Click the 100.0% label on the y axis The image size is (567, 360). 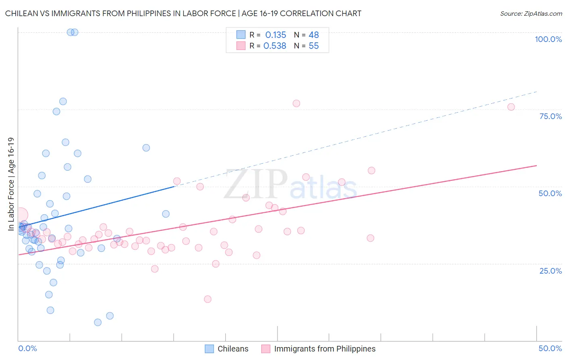[x=548, y=39]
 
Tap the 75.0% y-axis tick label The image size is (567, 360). [x=550, y=116]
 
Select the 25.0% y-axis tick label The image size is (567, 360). [x=550, y=270]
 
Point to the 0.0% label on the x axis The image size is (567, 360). [x=27, y=348]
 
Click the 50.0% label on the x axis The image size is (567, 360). [x=550, y=348]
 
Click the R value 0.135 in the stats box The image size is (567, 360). [x=275, y=35]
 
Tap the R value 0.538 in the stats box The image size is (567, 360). [x=275, y=46]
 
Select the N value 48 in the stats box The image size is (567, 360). [x=314, y=35]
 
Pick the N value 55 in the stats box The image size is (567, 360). [x=314, y=46]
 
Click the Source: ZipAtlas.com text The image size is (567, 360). [x=531, y=14]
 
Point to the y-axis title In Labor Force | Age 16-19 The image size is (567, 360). [x=11, y=184]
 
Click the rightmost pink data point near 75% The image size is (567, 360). [x=511, y=107]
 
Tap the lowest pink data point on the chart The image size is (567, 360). [x=208, y=299]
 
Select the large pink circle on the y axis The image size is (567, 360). [x=20, y=215]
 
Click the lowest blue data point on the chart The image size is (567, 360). [x=98, y=322]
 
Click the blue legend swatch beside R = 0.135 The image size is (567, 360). [x=241, y=35]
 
